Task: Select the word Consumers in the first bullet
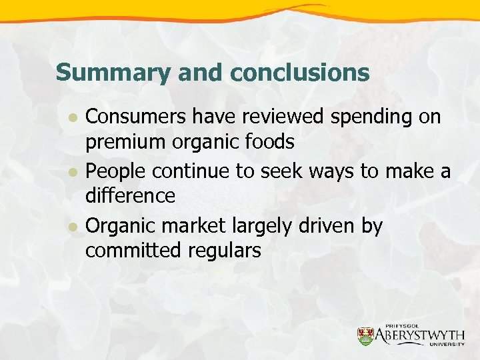(x=137, y=117)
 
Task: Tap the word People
(x=116, y=171)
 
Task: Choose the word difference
(x=130, y=195)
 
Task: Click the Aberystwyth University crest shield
(x=365, y=337)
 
